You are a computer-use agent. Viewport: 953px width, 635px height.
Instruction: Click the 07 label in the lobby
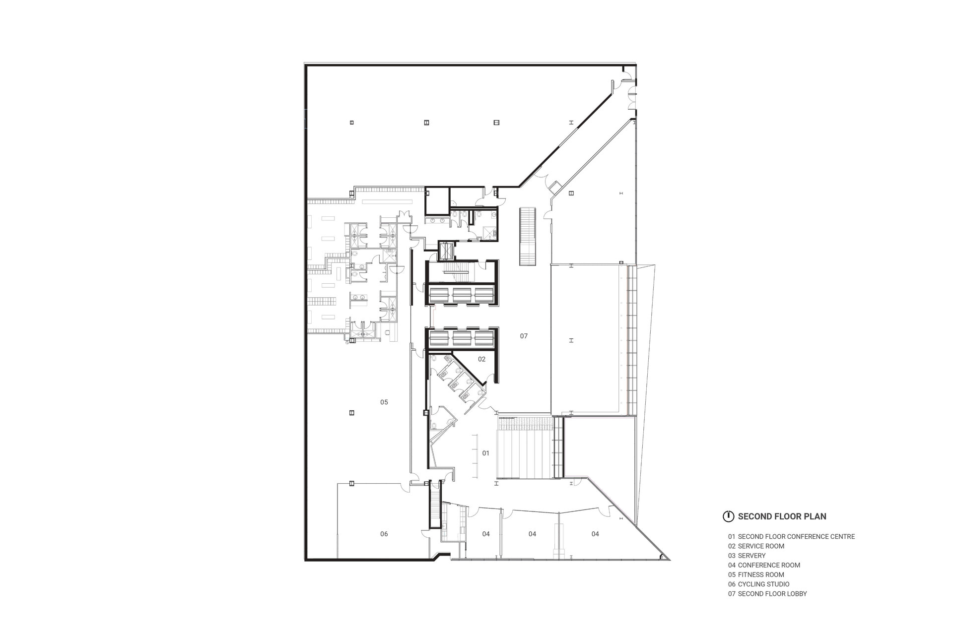point(524,336)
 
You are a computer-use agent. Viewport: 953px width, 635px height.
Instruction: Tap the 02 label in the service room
point(481,359)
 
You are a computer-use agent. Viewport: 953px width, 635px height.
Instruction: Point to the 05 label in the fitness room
point(384,402)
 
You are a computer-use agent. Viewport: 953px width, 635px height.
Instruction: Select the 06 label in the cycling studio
point(384,534)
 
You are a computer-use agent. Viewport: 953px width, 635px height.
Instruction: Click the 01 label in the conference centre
point(486,453)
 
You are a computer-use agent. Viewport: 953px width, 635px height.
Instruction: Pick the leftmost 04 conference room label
point(486,534)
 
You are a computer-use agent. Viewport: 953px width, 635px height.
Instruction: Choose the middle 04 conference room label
point(532,534)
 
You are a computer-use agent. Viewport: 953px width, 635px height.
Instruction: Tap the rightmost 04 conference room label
point(595,534)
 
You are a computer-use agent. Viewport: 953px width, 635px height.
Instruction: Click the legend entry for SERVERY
point(747,556)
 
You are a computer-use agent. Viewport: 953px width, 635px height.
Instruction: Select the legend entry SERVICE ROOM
point(756,546)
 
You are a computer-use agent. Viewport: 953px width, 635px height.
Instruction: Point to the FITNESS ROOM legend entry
point(756,574)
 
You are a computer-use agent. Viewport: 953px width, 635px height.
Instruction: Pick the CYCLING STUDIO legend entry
point(759,584)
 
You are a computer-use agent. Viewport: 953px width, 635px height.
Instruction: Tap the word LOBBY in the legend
point(796,594)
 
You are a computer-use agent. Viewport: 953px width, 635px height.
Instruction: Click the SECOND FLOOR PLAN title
point(782,516)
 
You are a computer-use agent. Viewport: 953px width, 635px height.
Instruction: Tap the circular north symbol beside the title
point(728,516)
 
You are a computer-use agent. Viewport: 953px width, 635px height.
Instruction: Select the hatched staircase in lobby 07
point(527,237)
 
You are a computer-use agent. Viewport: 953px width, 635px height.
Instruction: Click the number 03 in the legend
point(732,556)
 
